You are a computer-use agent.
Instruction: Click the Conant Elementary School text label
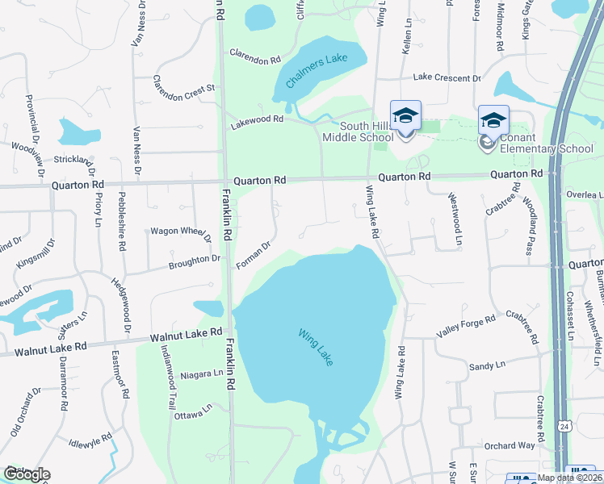[547, 143]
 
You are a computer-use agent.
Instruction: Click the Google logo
[27, 474]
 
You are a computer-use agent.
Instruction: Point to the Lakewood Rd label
[258, 119]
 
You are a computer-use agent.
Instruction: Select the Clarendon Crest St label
[187, 83]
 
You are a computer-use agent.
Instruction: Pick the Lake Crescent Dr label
[447, 77]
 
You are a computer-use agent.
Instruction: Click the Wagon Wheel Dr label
[180, 232]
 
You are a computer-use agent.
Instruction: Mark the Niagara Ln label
[202, 373]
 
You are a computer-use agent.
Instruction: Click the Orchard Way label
[510, 446]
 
